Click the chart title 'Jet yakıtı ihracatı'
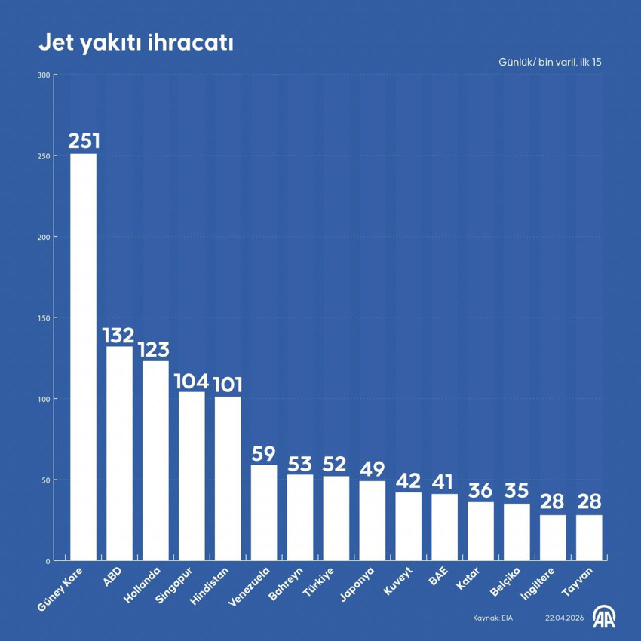136,44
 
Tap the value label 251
83,141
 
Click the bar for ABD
119,452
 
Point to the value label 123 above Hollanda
155,350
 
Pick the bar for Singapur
192,476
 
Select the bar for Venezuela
264,513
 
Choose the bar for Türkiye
336,518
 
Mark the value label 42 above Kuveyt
409,480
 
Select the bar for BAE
444,527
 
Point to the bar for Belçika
517,532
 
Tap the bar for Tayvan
589,538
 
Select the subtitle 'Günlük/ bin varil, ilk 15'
550,62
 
